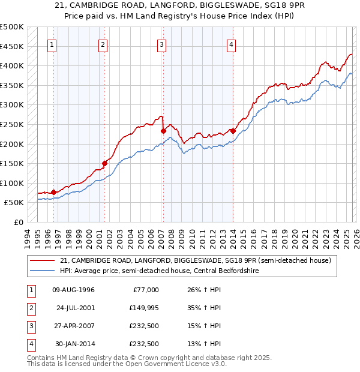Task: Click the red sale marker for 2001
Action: tap(104, 163)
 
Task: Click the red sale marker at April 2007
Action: tap(163, 130)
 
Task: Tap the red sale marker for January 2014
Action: tap(232, 130)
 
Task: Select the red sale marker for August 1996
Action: tap(54, 192)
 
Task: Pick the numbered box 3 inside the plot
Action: tap(162, 44)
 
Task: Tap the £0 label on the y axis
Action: tap(19, 222)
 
